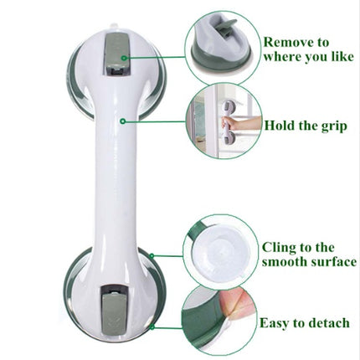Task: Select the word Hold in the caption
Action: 281,126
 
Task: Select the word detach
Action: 328,323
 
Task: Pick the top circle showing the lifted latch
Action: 222,47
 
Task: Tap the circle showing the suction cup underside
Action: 220,251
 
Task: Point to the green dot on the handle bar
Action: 122,121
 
